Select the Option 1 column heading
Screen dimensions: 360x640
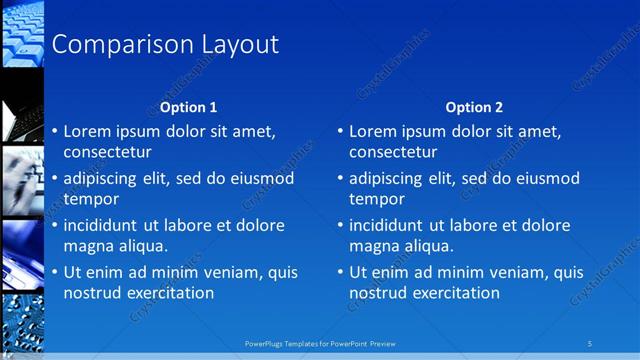[x=188, y=108]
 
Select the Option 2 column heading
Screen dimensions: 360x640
[x=474, y=108]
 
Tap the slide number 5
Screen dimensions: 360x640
[x=590, y=344]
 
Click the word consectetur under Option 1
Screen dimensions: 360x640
[x=107, y=152]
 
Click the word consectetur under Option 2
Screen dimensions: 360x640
[x=393, y=152]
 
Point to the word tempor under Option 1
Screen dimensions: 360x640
[x=91, y=199]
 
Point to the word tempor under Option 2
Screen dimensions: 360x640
[x=377, y=199]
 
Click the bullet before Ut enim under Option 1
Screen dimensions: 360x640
[x=54, y=272]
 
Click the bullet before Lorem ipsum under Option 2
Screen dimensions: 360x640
[x=340, y=131]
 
